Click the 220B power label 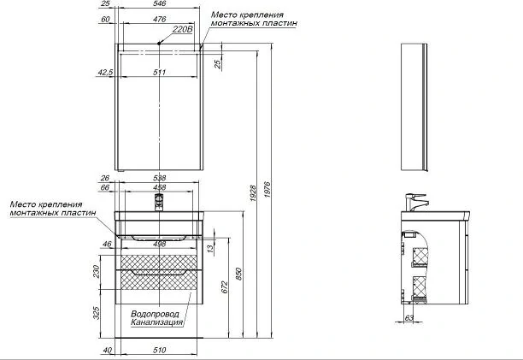[182, 29]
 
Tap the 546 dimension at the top [160, 3]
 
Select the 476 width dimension [160, 20]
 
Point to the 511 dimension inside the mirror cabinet [160, 73]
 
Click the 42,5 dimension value [105, 73]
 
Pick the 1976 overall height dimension [267, 190]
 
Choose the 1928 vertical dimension [253, 193]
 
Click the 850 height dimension [238, 274]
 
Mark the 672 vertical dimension [225, 287]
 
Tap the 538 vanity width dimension [160, 178]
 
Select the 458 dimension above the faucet [160, 187]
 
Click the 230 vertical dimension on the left [97, 272]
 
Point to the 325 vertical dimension [97, 313]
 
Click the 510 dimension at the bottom [160, 350]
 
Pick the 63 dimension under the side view [409, 318]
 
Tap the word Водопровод [155, 314]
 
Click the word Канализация [156, 322]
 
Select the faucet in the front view [159, 202]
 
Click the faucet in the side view [415, 202]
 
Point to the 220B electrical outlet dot [160, 43]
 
